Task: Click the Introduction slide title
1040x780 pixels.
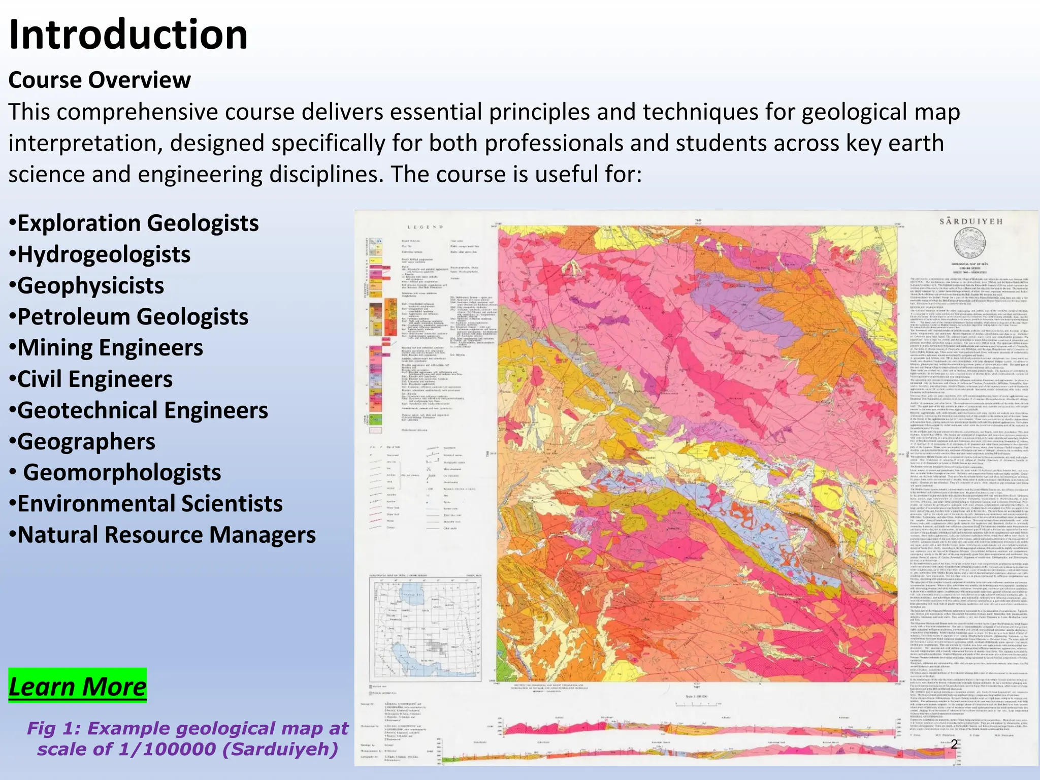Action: click(x=128, y=35)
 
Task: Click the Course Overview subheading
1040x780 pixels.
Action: click(x=100, y=80)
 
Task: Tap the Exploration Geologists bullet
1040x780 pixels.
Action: click(x=134, y=223)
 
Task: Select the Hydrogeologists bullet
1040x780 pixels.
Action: click(x=100, y=254)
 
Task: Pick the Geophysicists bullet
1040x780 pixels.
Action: click(x=86, y=285)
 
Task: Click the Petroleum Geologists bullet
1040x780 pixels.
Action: click(x=128, y=317)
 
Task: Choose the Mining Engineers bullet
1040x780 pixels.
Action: click(x=106, y=348)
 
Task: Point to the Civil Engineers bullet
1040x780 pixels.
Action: click(x=91, y=379)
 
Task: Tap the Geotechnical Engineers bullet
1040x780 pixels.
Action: click(x=138, y=410)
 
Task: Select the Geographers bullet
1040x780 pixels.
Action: click(x=82, y=441)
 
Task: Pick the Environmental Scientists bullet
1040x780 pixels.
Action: click(x=145, y=504)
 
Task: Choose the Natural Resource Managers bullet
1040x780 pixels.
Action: click(x=162, y=535)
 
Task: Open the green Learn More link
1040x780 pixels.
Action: click(x=77, y=686)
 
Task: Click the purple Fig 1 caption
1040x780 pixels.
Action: click(x=187, y=738)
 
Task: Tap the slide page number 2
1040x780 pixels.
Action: click(x=954, y=744)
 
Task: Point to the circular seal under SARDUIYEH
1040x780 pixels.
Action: click(x=970, y=243)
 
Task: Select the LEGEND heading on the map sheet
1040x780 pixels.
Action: click(x=425, y=227)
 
